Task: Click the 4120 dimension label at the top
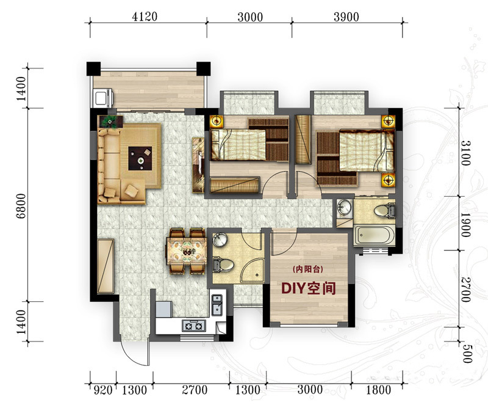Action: coord(145,16)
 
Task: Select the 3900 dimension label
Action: coord(346,17)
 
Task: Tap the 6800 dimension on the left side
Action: coord(21,206)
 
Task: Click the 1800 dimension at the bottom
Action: coord(378,390)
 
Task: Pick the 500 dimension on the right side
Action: coord(466,354)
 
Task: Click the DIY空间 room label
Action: coord(309,288)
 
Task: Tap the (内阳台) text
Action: coord(308,269)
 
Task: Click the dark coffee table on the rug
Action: coord(140,158)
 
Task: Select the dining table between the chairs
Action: coord(187,251)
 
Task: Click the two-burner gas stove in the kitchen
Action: coord(194,326)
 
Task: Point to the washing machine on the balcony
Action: coord(102,98)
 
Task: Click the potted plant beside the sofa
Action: coord(110,122)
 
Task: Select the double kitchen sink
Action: coord(217,305)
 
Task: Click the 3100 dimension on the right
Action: coord(466,153)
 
